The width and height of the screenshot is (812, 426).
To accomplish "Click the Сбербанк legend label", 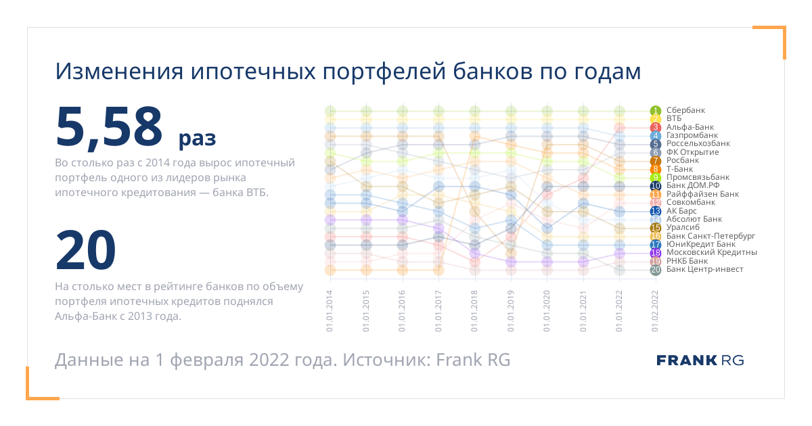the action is (x=685, y=110).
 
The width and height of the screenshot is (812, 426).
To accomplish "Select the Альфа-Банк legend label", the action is (x=690, y=127).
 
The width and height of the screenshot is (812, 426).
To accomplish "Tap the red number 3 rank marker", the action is (x=656, y=127).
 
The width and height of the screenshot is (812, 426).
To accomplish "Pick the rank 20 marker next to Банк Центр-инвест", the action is (x=656, y=270).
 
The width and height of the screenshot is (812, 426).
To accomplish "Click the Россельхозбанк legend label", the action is (x=698, y=143).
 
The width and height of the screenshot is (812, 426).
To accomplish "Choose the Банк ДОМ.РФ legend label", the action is (x=693, y=185).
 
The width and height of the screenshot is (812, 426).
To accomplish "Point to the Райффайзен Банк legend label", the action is (x=702, y=194).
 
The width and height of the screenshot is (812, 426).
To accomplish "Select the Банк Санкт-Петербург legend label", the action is (x=710, y=236).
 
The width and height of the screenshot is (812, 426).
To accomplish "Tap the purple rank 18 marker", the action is (x=656, y=253).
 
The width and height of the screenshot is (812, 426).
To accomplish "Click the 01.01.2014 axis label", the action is (x=330, y=311).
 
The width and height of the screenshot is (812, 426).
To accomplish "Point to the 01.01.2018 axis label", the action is (x=474, y=311).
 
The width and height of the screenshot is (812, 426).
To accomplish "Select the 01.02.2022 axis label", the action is (x=655, y=311).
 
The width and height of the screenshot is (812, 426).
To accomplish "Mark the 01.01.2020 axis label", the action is (x=547, y=311).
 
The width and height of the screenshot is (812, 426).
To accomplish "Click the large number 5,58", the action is (x=109, y=127).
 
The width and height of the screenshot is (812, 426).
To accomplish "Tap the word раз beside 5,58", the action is (x=197, y=139).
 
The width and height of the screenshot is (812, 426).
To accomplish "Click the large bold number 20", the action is (x=85, y=250).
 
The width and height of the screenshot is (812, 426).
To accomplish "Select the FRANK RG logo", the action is (x=700, y=360).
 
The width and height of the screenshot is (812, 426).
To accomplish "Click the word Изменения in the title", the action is (x=119, y=72).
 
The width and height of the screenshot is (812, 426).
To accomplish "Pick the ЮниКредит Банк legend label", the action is (x=701, y=244).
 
